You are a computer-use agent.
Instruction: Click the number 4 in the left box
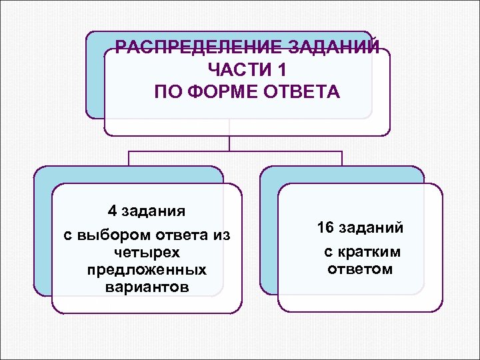coord(113,211)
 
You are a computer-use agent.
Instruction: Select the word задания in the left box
coord(155,211)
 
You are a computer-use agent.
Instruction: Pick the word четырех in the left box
coord(147,253)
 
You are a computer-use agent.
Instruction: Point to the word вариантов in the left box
coord(147,287)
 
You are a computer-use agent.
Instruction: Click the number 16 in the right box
coord(325,228)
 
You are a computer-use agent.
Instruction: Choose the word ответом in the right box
coord(360,269)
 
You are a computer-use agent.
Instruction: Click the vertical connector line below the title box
coord(229,143)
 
